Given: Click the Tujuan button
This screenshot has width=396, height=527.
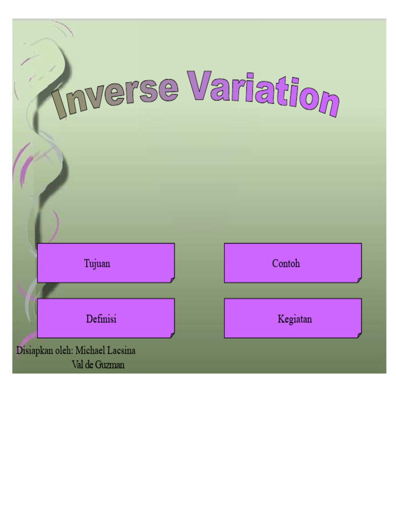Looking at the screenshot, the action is click(106, 263).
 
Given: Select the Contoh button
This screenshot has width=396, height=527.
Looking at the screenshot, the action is click(293, 263).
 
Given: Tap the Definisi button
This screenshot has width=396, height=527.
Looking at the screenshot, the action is click(106, 318).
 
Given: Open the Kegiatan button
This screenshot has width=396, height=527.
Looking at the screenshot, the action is click(293, 318).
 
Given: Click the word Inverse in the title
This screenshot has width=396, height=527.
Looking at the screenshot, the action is click(114, 96).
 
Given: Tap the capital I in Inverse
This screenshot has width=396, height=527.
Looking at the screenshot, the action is click(59, 104).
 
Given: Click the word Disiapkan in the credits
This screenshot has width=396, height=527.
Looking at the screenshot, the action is click(35, 350).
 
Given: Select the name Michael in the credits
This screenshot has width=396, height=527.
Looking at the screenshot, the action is click(89, 350).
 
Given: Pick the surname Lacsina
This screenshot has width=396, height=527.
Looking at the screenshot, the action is click(121, 350).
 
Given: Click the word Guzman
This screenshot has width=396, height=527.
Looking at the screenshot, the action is click(110, 365).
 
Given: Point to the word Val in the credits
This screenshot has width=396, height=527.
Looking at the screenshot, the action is click(77, 365).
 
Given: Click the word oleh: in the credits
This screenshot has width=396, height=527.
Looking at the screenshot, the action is click(64, 350).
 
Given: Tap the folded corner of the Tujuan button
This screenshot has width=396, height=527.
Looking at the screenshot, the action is click(172, 280).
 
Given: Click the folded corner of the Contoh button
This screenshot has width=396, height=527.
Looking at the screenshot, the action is click(359, 280).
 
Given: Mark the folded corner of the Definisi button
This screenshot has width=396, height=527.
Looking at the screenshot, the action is click(172, 335).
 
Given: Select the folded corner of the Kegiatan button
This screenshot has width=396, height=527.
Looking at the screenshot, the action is click(359, 335).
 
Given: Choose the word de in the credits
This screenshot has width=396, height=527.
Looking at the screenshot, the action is click(89, 365).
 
